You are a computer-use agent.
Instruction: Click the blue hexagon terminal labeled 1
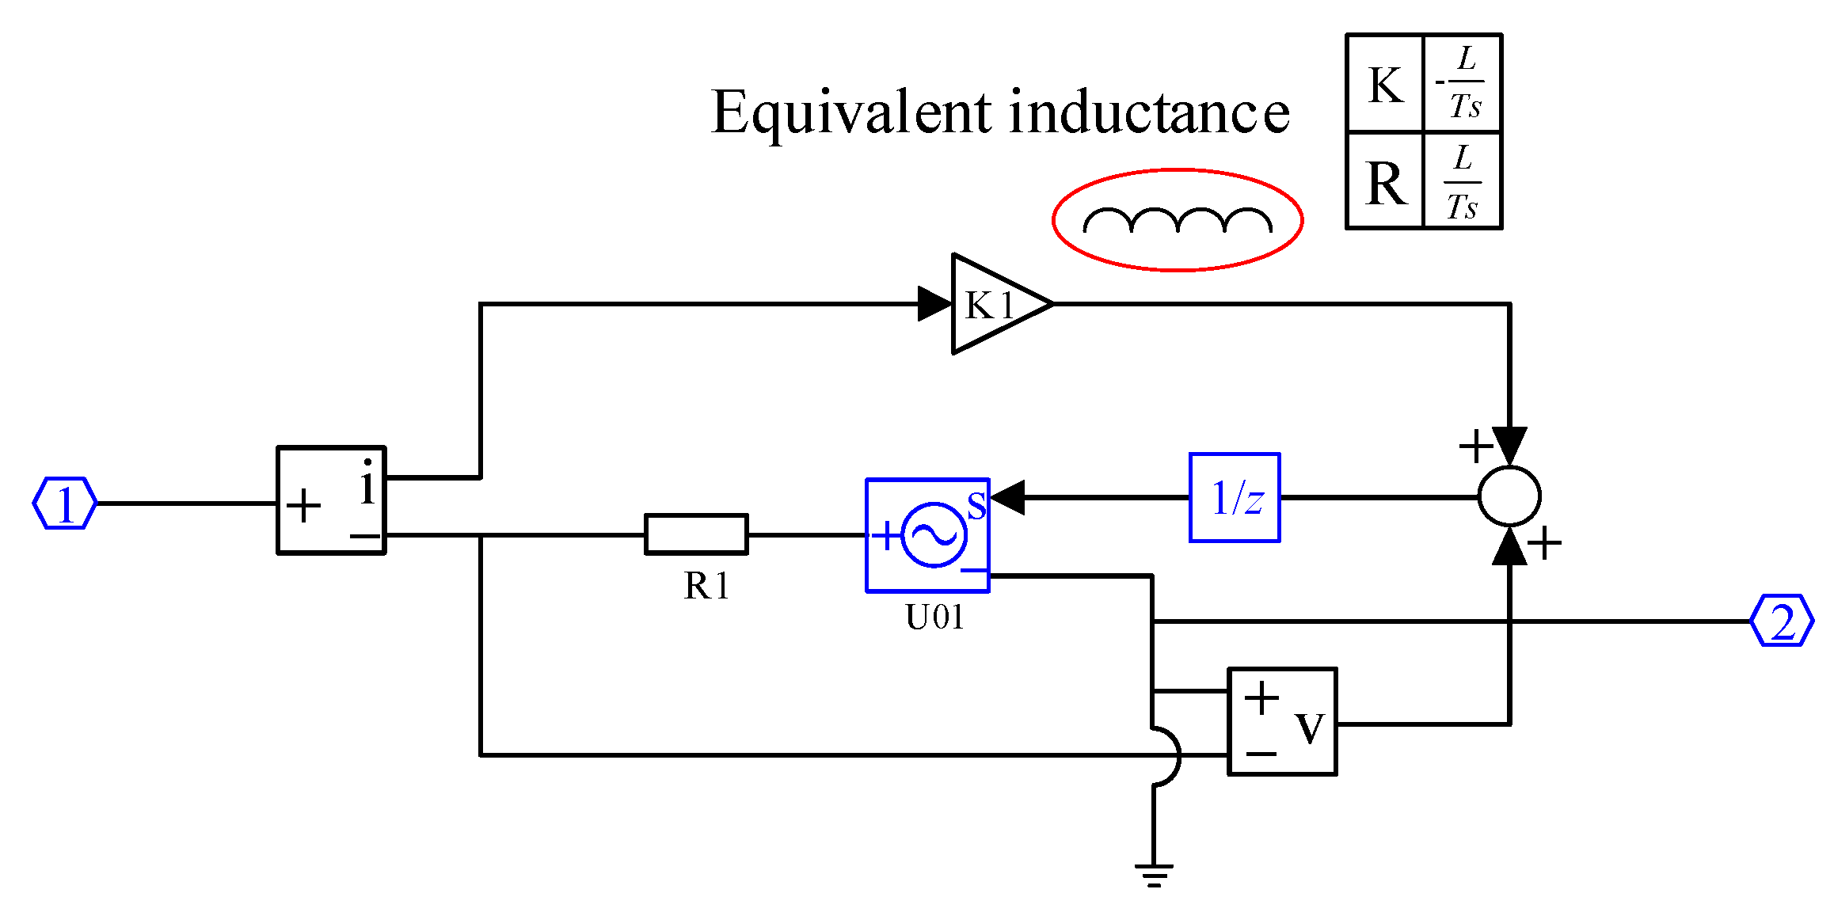tap(64, 503)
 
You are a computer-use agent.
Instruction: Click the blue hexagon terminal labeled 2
tap(1781, 621)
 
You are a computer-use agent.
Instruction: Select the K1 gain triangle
tap(995, 304)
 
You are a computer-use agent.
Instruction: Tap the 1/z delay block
tap(1235, 498)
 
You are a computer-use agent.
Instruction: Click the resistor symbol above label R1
tap(696, 534)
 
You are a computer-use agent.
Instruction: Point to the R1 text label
tap(706, 587)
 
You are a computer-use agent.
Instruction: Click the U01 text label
tap(934, 617)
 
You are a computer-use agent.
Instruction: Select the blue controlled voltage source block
tap(927, 535)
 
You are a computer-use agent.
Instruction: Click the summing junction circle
tap(1509, 496)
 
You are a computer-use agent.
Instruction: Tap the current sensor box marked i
tap(331, 500)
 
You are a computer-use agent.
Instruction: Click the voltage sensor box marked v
tap(1282, 721)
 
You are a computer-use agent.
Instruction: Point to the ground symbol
tap(1154, 874)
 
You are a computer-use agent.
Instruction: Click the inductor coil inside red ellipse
tap(1178, 221)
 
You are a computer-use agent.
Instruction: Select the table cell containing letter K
tap(1385, 84)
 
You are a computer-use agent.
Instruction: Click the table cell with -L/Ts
tap(1463, 83)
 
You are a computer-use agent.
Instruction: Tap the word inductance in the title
tap(1149, 112)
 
